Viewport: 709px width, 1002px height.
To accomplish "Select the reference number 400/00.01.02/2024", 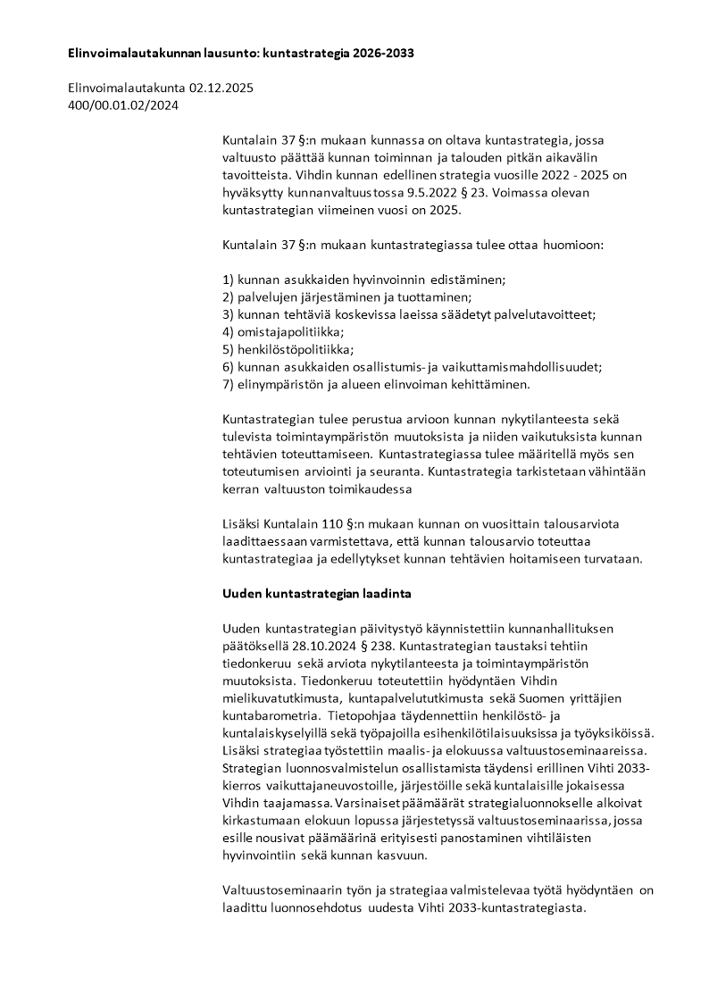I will tap(123, 105).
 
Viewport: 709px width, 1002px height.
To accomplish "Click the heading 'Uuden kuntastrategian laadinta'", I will tap(316, 593).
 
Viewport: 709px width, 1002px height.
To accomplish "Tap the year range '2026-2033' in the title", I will tap(383, 54).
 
